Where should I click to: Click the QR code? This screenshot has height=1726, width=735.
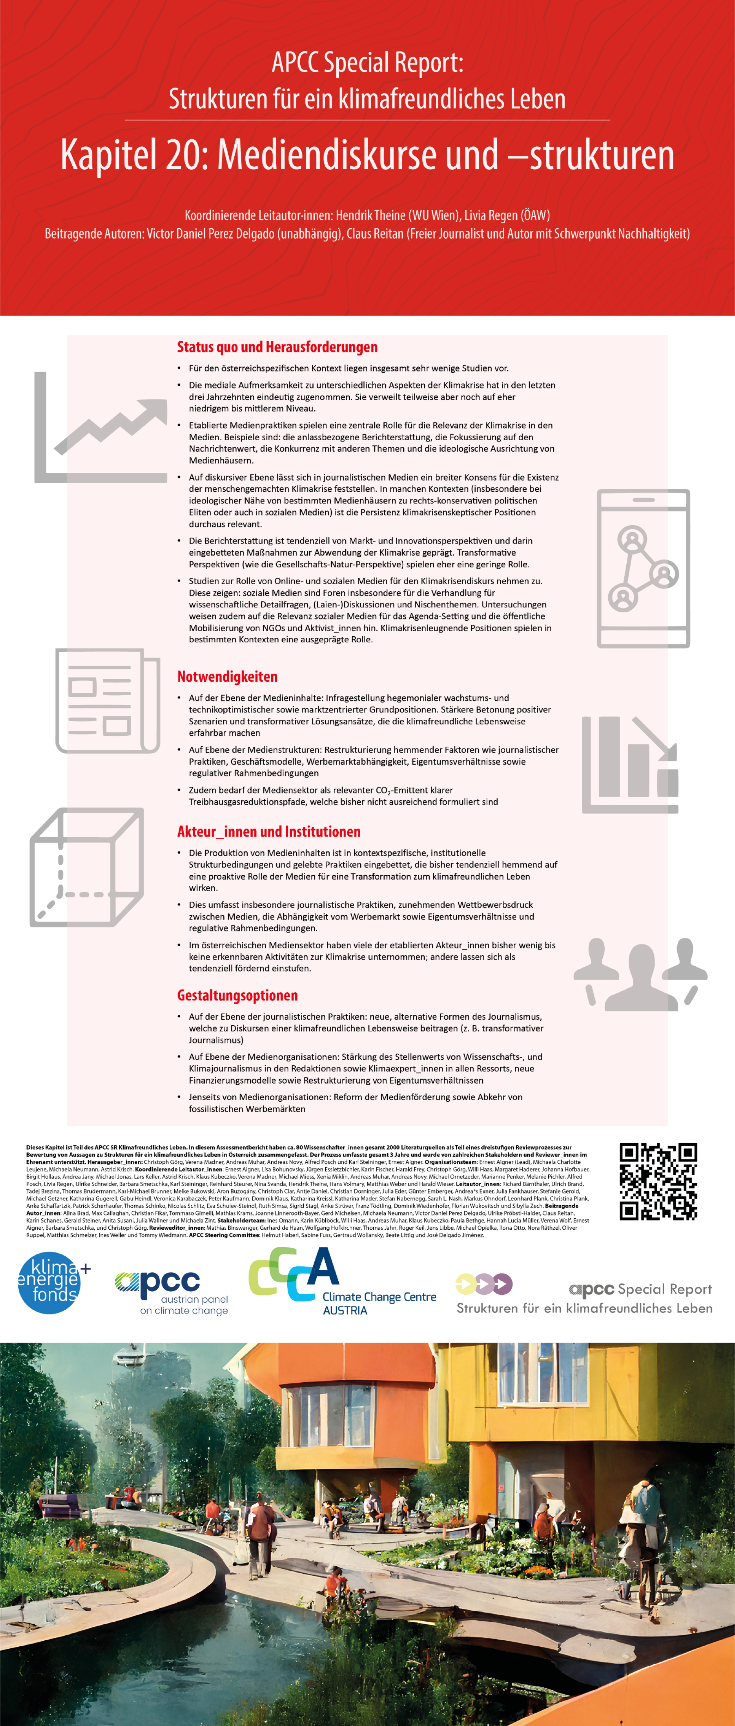(x=658, y=1181)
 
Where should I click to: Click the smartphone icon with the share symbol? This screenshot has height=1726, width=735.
(x=643, y=568)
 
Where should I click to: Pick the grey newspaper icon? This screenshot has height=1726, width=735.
(x=107, y=700)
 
